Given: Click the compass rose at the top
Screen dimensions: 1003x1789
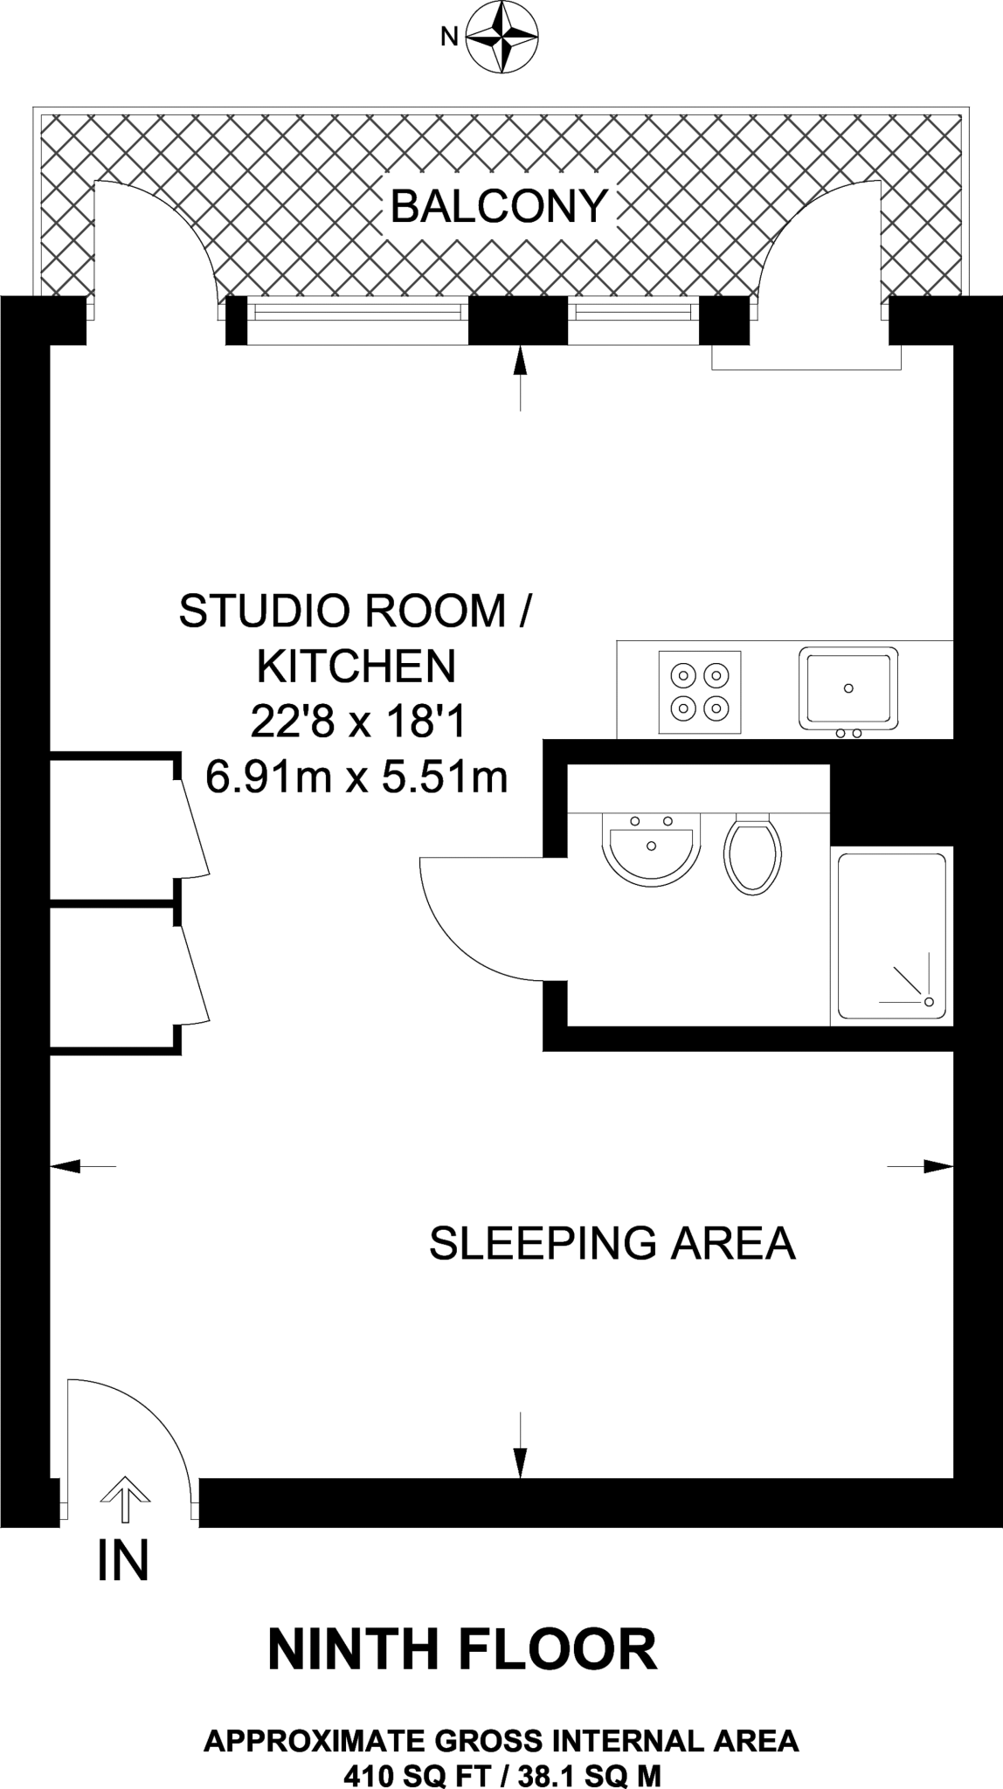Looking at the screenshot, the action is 501,36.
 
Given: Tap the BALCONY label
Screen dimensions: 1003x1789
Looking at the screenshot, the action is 499,207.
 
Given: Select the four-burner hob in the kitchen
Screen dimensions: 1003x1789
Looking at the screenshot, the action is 700,692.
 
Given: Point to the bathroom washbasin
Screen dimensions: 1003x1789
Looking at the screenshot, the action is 652,846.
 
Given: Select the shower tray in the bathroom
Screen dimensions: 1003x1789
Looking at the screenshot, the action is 892,936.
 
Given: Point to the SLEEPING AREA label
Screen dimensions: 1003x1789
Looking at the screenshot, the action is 612,1243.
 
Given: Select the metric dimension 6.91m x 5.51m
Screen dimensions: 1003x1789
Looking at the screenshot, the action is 356,777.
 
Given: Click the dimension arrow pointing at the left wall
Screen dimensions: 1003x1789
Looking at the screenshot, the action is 83,1165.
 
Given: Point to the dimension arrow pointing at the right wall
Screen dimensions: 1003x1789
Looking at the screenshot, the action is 920,1165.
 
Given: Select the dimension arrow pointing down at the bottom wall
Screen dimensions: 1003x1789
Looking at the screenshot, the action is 521,1445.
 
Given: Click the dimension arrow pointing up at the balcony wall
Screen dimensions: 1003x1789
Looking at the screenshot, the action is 521,377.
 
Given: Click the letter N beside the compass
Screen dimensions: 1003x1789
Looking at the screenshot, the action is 450,37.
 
